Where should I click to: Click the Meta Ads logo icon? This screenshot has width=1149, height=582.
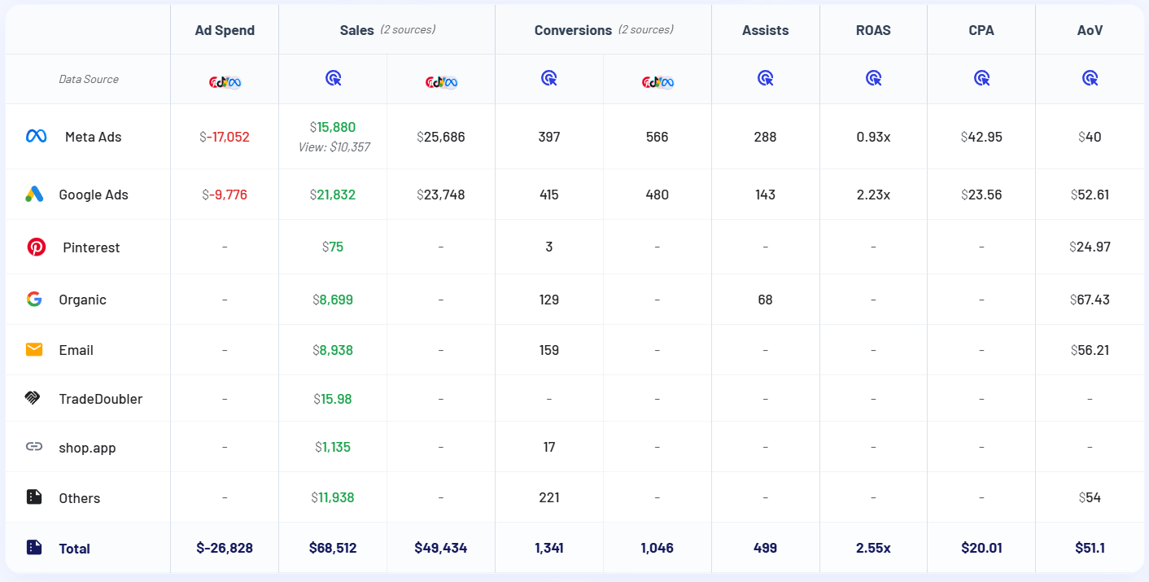(36, 137)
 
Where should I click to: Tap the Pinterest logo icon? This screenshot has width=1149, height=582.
(37, 247)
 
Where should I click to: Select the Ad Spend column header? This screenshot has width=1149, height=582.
(225, 30)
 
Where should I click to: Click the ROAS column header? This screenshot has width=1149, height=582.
(873, 30)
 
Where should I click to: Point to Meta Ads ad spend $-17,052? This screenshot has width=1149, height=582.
(225, 137)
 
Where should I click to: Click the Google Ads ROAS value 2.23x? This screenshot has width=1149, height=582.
(873, 195)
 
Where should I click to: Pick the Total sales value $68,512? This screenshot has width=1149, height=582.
(333, 548)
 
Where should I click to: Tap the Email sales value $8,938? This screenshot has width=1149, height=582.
(333, 350)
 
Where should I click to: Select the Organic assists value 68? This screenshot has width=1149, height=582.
(765, 300)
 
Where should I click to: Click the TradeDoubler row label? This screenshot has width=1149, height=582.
(100, 399)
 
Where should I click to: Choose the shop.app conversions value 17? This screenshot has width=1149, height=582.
(549, 447)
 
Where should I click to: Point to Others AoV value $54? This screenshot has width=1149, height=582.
(1090, 497)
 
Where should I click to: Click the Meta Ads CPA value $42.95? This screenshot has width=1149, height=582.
(981, 137)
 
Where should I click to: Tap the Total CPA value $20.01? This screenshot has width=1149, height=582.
(981, 548)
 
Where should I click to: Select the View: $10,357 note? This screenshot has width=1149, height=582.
(333, 147)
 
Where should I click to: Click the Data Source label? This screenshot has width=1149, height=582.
(89, 79)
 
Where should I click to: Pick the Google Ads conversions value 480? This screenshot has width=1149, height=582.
(657, 195)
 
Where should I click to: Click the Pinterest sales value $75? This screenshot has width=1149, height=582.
(333, 247)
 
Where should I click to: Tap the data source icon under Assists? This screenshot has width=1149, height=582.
(765, 78)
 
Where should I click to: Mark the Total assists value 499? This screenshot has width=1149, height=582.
(765, 548)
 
